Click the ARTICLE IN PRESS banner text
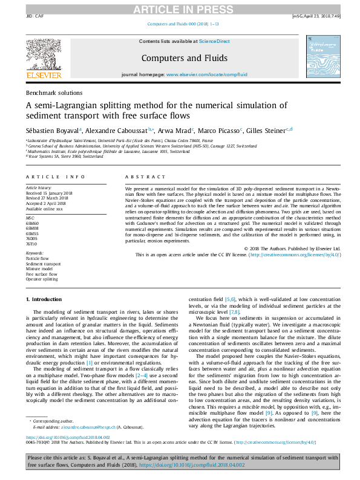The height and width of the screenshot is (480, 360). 180,8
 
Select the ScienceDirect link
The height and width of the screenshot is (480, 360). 214,41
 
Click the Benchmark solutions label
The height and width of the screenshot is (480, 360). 54,93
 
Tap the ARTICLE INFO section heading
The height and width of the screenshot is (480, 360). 55,177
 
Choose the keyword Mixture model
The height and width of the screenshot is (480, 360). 39,269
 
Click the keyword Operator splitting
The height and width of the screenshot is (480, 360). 42,280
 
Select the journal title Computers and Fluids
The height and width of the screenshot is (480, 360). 184,58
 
